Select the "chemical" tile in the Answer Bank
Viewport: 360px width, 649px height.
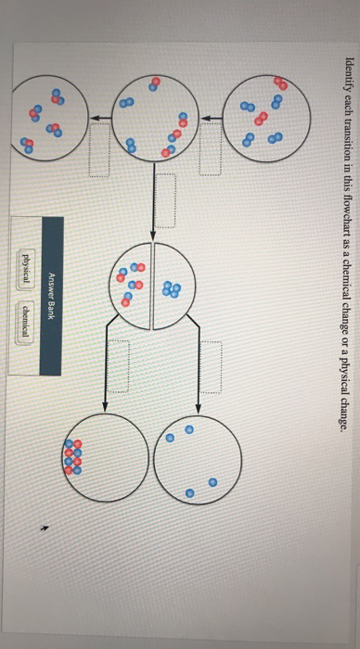[28, 336]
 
